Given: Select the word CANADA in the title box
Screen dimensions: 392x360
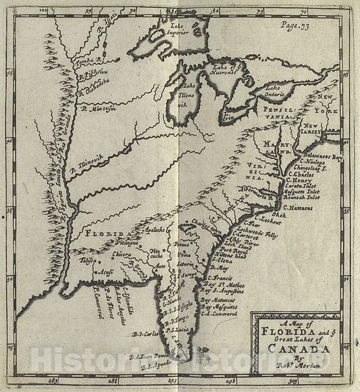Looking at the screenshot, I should (x=292, y=350).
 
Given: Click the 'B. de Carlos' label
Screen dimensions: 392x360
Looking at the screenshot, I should (x=145, y=333).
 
